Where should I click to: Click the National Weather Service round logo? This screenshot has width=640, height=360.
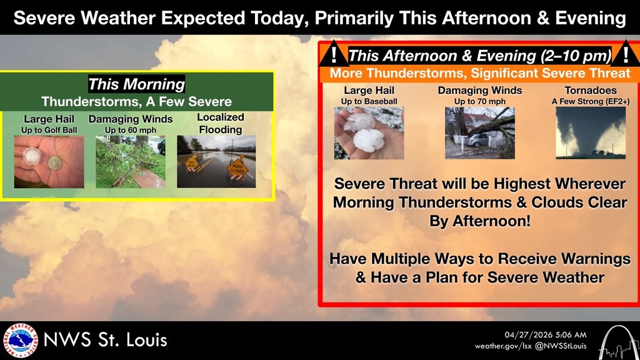[x=21, y=341]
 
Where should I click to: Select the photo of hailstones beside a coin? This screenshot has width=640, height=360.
[x=49, y=161]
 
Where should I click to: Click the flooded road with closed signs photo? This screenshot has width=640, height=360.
[x=216, y=161]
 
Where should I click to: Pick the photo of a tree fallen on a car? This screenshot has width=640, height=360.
[x=479, y=133]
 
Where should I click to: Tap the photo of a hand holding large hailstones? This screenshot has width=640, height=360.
[x=369, y=133]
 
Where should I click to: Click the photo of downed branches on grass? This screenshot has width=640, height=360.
[x=130, y=161]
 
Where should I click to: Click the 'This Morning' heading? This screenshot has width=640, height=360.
[x=136, y=84]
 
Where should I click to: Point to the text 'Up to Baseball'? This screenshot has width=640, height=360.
[x=369, y=101]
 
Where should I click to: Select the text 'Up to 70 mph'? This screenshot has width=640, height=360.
[x=479, y=101]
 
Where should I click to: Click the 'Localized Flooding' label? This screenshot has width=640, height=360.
[x=220, y=123]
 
